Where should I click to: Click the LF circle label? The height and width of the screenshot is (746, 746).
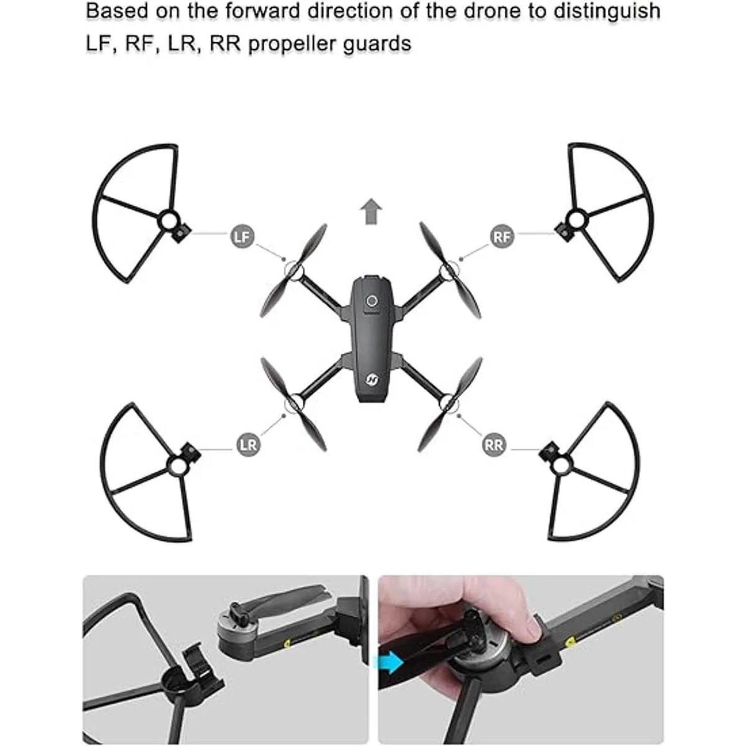pyautogui.click(x=242, y=236)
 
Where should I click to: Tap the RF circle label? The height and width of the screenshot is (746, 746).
pyautogui.click(x=502, y=236)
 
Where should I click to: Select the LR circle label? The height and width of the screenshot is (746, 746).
pyautogui.click(x=248, y=445)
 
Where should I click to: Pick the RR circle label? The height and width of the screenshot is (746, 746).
pyautogui.click(x=494, y=445)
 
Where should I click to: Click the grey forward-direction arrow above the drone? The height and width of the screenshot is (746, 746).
pyautogui.click(x=371, y=211)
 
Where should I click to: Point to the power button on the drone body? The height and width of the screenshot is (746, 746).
pyautogui.click(x=372, y=300)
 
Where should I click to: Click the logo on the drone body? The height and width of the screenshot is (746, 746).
pyautogui.click(x=372, y=379)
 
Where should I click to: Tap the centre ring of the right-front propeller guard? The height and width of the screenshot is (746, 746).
pyautogui.click(x=576, y=220)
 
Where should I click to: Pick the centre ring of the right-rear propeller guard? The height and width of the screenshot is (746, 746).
pyautogui.click(x=561, y=466)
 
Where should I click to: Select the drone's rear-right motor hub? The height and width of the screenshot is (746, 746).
pyautogui.click(x=449, y=404)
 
